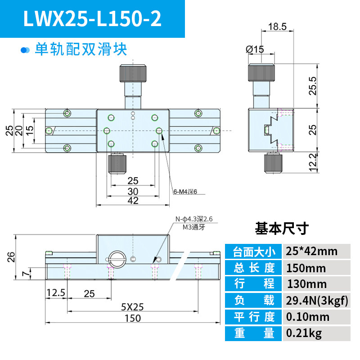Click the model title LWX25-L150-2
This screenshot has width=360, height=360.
92,18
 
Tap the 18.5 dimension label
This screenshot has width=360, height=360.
277,27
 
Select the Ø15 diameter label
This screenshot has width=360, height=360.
255,49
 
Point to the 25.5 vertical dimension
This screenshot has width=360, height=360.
313,86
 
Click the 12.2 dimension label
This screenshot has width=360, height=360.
313,162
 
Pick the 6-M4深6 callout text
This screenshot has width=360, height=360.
185,192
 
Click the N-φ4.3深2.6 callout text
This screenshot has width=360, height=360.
194,219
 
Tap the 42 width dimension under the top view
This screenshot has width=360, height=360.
133,200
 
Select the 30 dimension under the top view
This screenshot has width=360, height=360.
133,191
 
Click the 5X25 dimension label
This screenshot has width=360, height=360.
132,307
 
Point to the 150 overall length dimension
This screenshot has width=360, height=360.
133,318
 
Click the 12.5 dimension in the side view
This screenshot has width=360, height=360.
56,293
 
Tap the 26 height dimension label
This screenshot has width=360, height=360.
11,257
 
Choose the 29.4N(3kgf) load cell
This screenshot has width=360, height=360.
317,300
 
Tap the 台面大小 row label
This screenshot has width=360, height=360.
253,252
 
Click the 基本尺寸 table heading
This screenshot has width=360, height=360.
282,229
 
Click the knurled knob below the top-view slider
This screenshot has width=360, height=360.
117,164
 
